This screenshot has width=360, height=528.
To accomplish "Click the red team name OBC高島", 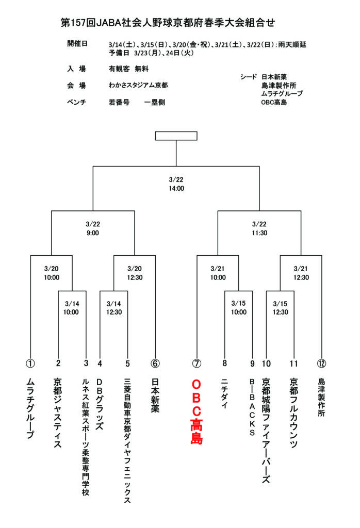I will click(197, 412).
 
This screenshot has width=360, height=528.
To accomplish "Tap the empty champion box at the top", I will click(176, 136).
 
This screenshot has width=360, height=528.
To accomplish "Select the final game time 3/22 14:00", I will click(176, 184).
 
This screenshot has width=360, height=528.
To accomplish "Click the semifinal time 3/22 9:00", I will click(93, 228).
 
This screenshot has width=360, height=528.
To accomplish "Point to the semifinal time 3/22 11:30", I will click(259, 228).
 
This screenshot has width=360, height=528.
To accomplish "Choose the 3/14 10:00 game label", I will click(71, 308).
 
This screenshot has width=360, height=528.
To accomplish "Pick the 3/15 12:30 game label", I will click(280, 308).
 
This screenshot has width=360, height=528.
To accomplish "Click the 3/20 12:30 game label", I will click(135, 273).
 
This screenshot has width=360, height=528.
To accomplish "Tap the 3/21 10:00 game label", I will click(218, 273).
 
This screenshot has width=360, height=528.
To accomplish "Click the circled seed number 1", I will click(30, 363).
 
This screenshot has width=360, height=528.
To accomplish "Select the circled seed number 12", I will click(322, 363).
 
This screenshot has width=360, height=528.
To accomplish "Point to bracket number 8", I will click(224, 363).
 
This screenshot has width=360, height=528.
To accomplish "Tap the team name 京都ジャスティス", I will click(58, 412).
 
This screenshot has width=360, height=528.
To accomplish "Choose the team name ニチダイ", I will click(224, 394).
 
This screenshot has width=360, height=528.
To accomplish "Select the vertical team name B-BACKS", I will click(252, 407).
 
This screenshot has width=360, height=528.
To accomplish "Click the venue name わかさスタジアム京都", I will click(138, 85).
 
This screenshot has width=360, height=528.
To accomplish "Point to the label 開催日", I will click(77, 43).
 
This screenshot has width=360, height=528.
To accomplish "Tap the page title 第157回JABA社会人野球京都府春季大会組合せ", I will click(168, 22).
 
